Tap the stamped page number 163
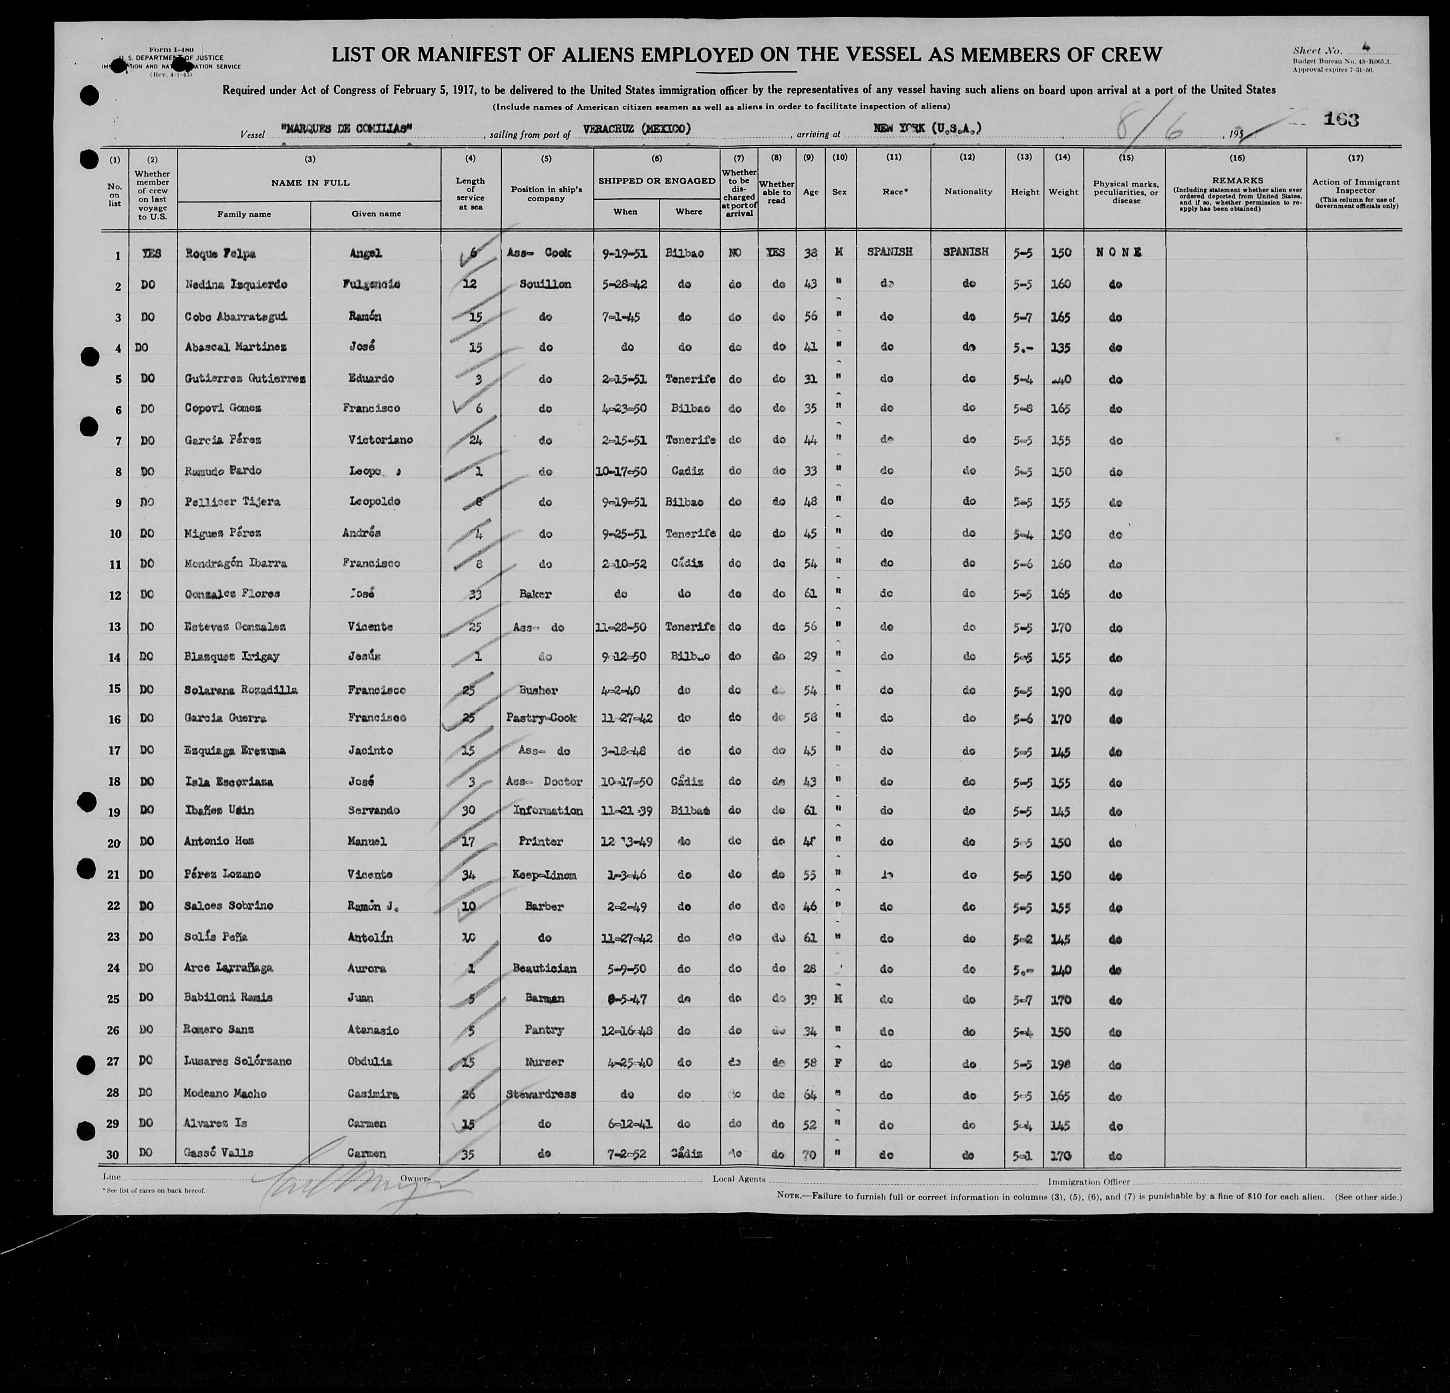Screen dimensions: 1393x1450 1341,120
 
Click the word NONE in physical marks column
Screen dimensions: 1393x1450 1117,252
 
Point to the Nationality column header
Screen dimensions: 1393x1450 967,192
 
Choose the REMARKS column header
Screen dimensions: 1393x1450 1237,180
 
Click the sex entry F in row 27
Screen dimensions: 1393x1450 839,1062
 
